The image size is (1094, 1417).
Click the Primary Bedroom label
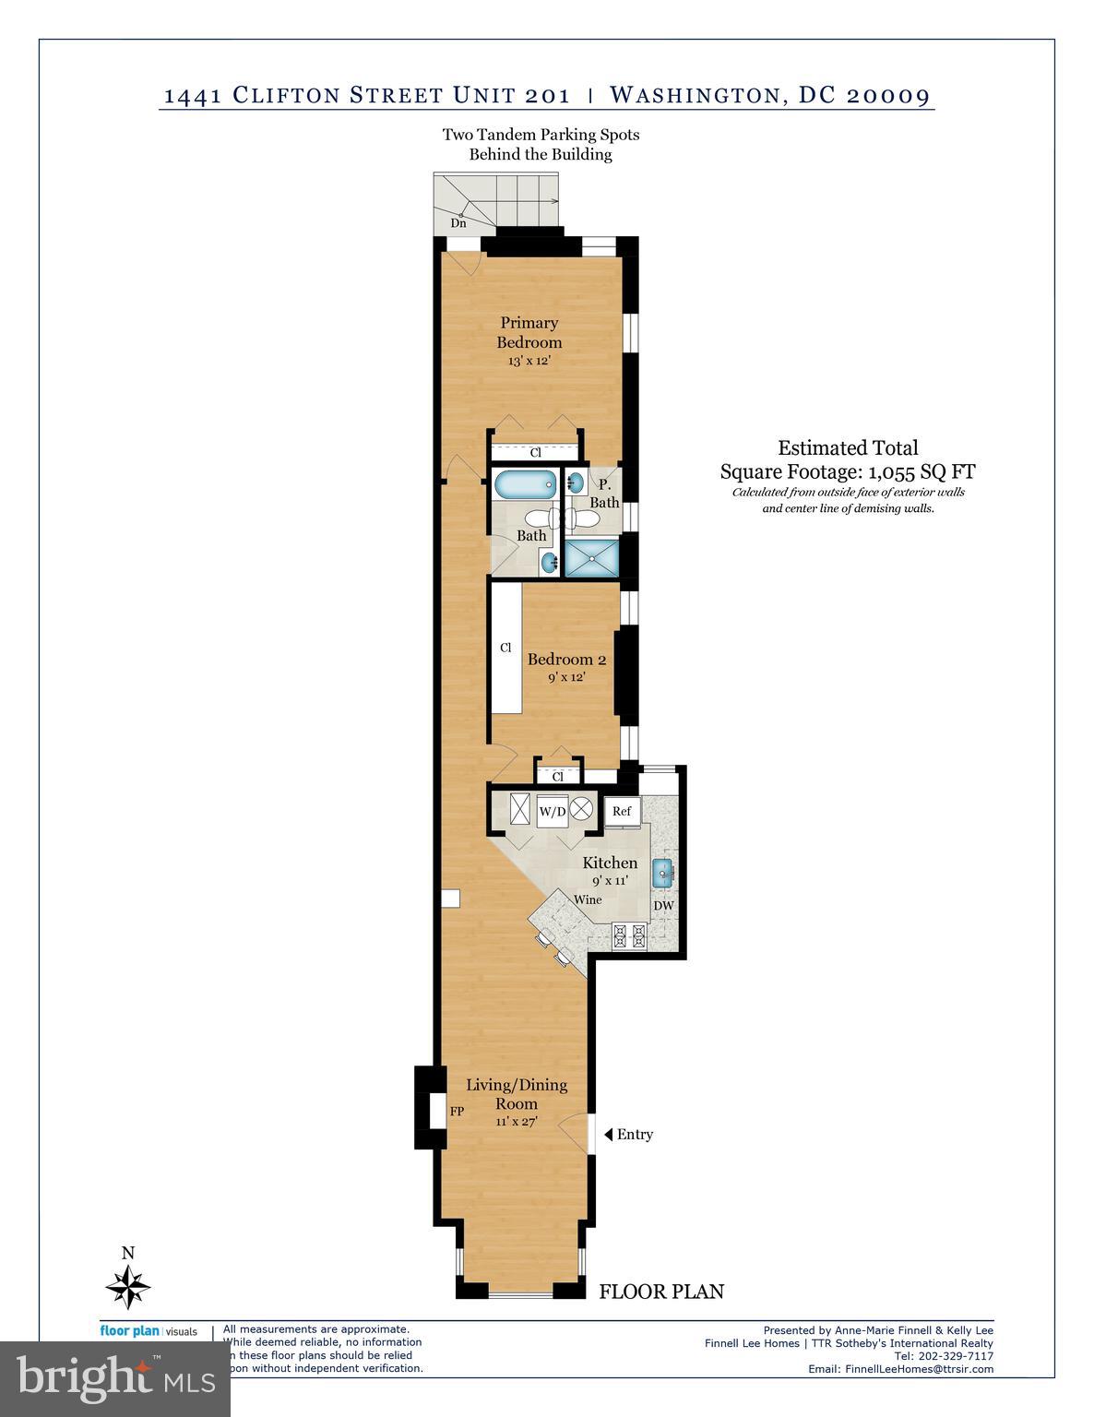click(x=529, y=332)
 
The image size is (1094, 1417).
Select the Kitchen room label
click(x=610, y=863)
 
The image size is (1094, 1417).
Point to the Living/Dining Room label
click(x=516, y=1094)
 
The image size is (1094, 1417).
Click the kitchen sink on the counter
click(x=662, y=872)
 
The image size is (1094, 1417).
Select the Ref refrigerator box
click(x=622, y=811)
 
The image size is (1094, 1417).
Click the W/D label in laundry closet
click(x=553, y=812)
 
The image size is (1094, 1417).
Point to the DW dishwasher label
click(x=663, y=906)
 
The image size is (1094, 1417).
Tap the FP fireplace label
click(x=457, y=1112)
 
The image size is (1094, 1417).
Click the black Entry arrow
click(x=608, y=1134)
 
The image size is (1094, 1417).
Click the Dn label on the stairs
click(x=458, y=223)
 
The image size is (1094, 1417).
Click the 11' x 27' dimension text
click(x=516, y=1122)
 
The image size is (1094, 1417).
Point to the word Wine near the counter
click(x=588, y=899)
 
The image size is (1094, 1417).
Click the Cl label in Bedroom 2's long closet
click(x=505, y=648)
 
